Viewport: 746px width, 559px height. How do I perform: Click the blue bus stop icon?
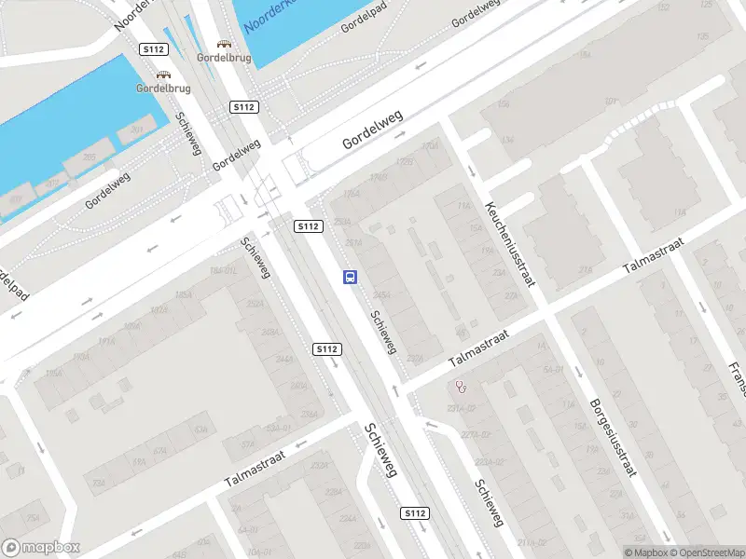[x=351, y=277]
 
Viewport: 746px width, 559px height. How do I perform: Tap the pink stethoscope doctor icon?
[x=461, y=387]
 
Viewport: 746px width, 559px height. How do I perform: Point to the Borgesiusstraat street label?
[x=613, y=437]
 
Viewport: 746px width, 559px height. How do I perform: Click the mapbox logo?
[x=41, y=547]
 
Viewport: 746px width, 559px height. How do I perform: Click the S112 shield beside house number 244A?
[x=326, y=349]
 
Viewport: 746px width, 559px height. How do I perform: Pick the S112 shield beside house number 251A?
[x=308, y=226]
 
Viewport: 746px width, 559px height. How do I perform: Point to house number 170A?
[x=429, y=146]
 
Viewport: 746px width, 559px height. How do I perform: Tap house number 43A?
[x=200, y=429]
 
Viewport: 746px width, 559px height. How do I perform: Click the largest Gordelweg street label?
[x=372, y=130]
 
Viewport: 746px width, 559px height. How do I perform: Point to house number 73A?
[x=99, y=484]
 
